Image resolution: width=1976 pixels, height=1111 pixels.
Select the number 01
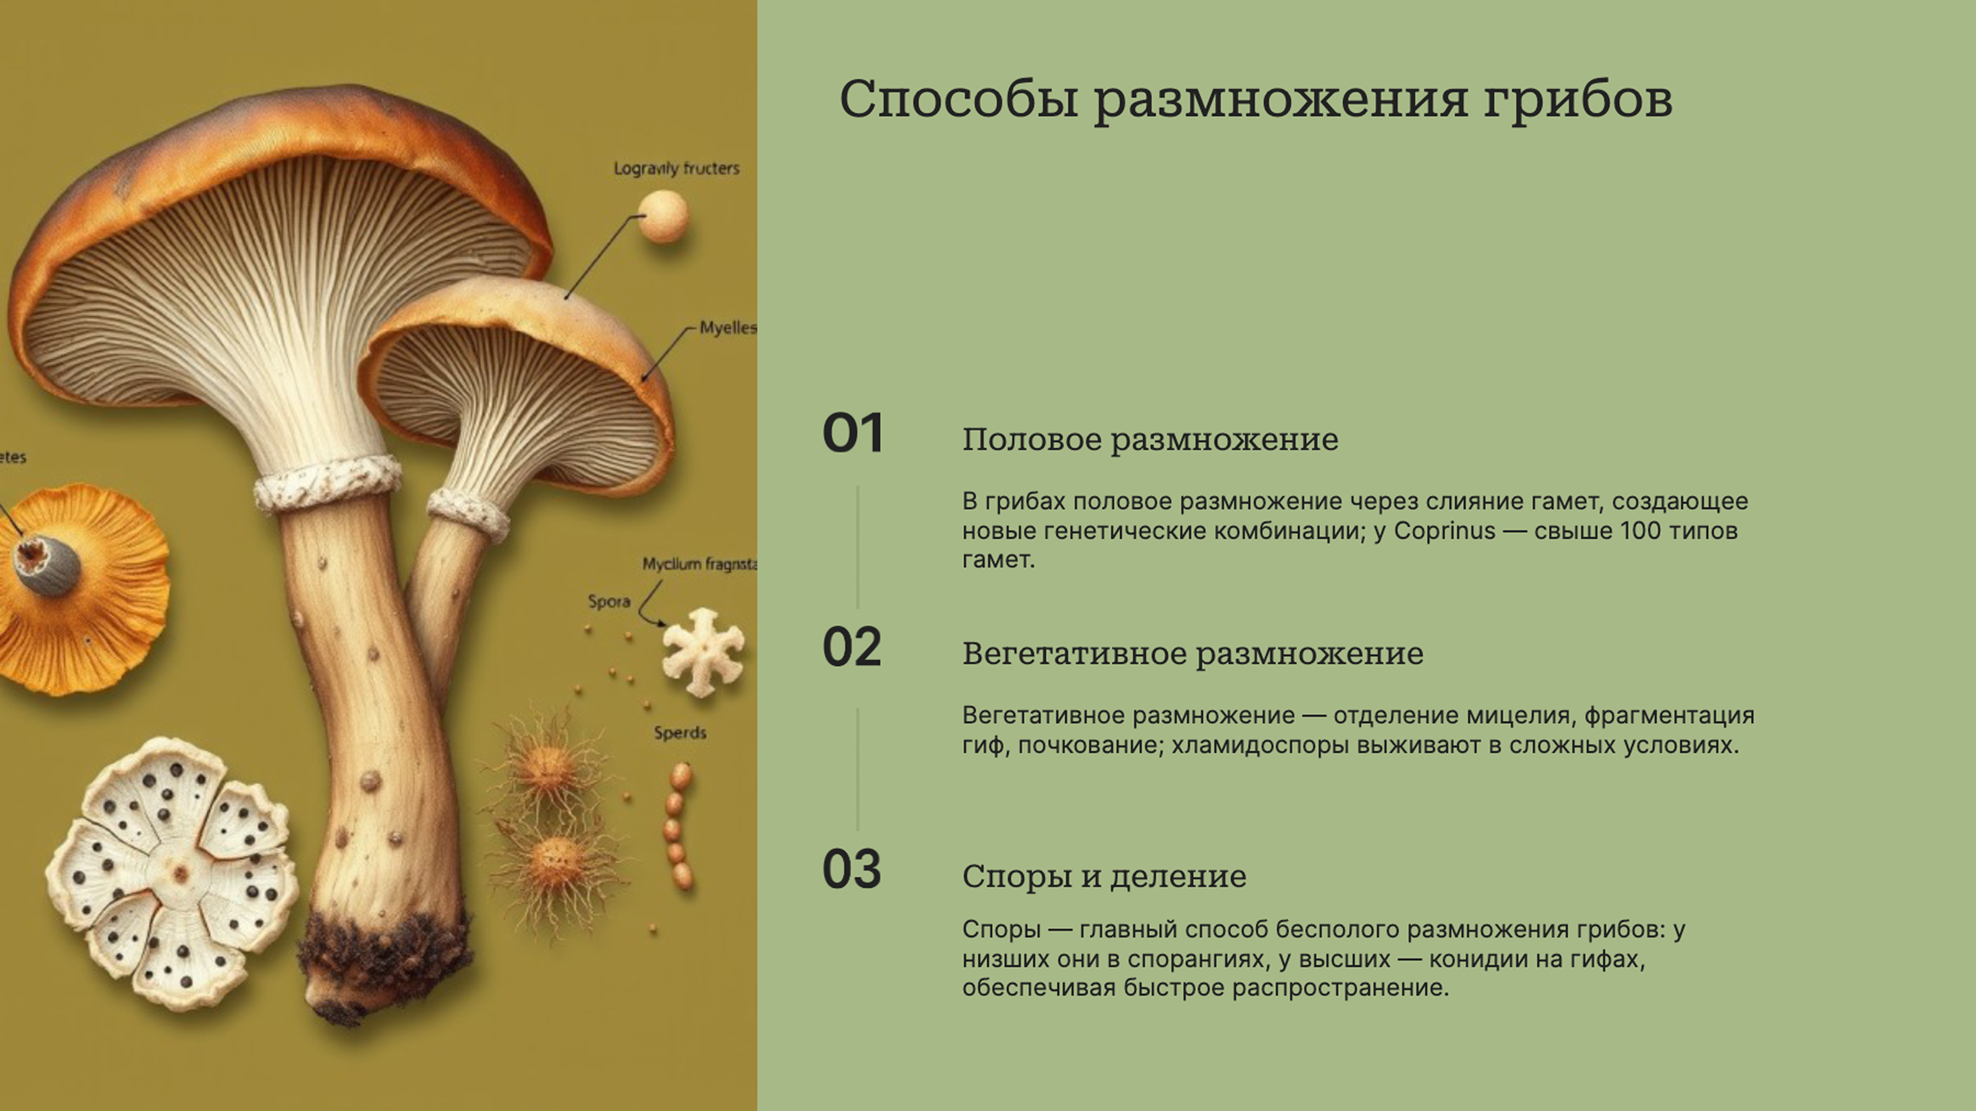[x=852, y=433]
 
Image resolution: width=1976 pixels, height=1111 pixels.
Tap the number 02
[x=851, y=648]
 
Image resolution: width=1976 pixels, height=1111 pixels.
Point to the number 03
[x=851, y=870]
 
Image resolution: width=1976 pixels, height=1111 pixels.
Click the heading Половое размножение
[x=1149, y=440]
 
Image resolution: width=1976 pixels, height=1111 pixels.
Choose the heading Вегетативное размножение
[x=1192, y=654]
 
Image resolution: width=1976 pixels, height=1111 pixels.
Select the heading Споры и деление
[x=1104, y=876]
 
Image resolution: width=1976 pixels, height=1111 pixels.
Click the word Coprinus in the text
[x=1444, y=531]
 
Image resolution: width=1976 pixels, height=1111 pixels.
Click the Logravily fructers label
[x=676, y=168]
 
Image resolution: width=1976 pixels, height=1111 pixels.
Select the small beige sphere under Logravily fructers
[x=664, y=216]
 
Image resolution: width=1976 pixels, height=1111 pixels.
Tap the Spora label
[x=609, y=602]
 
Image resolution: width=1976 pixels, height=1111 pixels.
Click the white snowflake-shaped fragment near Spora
[x=703, y=652]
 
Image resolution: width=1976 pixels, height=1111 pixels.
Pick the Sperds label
[x=680, y=733]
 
